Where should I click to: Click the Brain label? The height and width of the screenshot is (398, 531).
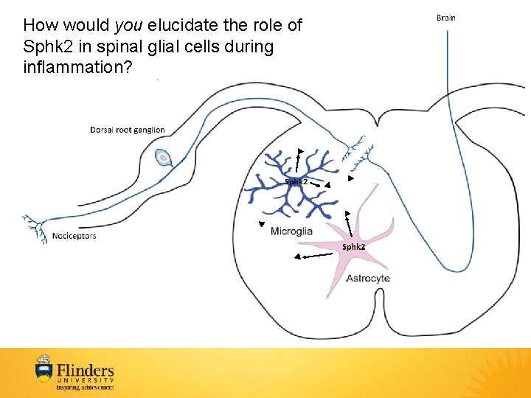pyautogui.click(x=445, y=17)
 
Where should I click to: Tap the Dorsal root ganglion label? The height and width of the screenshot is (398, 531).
pyautogui.click(x=128, y=130)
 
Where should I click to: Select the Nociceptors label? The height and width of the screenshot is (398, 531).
pyautogui.click(x=74, y=237)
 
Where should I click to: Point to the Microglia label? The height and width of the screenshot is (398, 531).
pyautogui.click(x=291, y=231)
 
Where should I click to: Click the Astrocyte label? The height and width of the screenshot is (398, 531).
pyautogui.click(x=367, y=279)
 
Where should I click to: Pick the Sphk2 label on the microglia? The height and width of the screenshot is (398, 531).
pyautogui.click(x=296, y=181)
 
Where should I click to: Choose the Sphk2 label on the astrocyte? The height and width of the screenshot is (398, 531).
pyautogui.click(x=353, y=247)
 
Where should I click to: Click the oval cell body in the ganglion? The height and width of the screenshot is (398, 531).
pyautogui.click(x=162, y=157)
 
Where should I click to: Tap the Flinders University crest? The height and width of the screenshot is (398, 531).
pyautogui.click(x=44, y=371)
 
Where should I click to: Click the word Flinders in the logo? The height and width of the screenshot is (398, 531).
pyautogui.click(x=86, y=369)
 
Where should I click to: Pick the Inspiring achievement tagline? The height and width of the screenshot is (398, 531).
pyautogui.click(x=86, y=387)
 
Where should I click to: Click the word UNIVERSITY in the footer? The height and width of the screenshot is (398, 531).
pyautogui.click(x=86, y=380)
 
